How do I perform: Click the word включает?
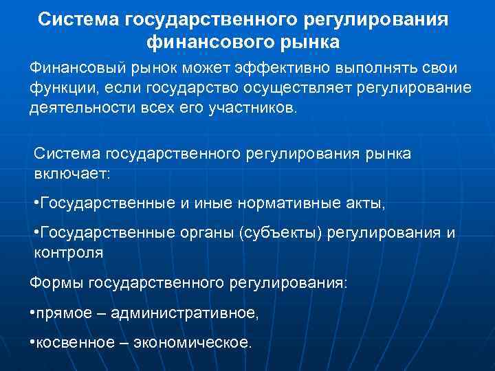tap(71, 173)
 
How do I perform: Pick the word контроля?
tap(69, 253)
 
